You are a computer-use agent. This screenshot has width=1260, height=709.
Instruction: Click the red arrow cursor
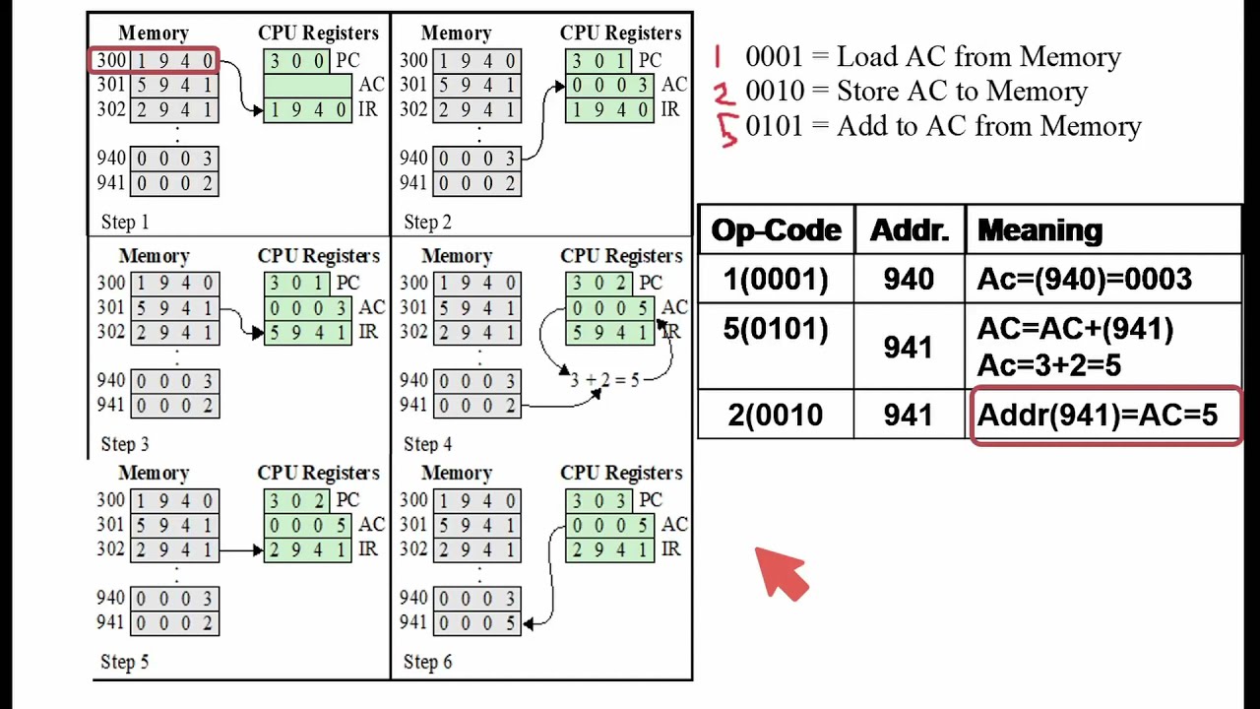point(781,574)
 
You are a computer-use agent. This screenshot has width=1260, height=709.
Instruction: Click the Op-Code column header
point(776,230)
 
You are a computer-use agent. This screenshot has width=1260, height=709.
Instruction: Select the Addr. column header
point(909,230)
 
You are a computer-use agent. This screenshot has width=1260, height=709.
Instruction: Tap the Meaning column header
point(1039,230)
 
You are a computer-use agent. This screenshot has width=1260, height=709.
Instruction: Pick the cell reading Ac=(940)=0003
point(1084,280)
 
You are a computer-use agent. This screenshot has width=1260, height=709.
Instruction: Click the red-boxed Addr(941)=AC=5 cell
point(1104,416)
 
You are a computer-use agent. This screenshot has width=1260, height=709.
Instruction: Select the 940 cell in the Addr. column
point(909,280)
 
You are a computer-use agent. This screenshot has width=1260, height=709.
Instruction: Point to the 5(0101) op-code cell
point(776,329)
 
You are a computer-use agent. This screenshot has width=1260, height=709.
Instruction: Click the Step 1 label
point(125,223)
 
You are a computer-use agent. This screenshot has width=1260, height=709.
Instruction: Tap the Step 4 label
point(427,444)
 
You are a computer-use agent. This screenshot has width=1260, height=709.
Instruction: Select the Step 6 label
point(427,662)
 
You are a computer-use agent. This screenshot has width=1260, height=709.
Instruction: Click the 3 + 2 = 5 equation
point(604,380)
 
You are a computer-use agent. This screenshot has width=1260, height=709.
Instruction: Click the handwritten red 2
point(724,94)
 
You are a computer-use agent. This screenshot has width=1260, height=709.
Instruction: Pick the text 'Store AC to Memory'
point(962,92)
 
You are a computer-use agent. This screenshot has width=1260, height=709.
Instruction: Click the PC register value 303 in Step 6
point(609,500)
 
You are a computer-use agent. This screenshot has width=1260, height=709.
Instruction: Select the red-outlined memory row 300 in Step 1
point(155,61)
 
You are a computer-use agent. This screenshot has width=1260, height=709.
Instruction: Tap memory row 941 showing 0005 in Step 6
point(476,622)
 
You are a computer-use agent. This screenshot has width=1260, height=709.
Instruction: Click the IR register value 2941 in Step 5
point(307,549)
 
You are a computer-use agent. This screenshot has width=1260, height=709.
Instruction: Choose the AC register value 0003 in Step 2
point(609,86)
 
